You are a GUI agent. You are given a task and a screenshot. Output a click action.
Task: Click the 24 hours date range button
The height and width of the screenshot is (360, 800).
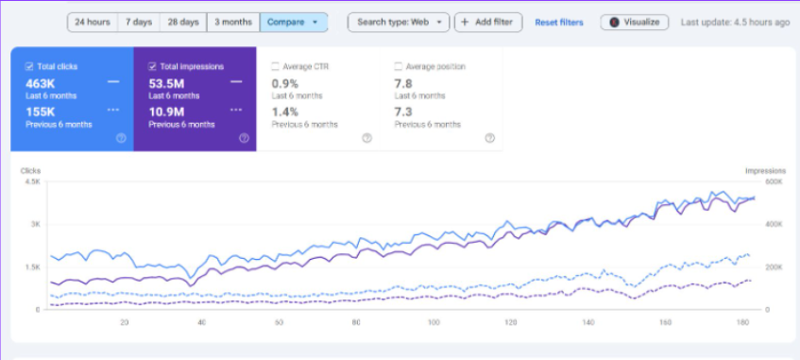coord(92,22)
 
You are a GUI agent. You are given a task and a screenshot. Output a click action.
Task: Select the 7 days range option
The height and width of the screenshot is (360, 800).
coord(139,22)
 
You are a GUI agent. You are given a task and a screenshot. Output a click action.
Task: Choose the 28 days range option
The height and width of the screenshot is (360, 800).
coord(183,22)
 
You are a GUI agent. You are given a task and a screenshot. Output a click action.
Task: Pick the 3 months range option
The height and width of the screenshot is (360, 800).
coord(232,22)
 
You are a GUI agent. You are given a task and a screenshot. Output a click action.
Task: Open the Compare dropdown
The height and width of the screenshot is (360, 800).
coord(294,22)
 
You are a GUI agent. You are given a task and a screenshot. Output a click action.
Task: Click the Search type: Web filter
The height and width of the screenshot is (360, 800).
coord(399,22)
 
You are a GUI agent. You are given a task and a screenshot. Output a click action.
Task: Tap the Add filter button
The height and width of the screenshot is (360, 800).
coord(488,22)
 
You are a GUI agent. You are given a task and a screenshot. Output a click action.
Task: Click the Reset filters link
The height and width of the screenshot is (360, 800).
coord(559,22)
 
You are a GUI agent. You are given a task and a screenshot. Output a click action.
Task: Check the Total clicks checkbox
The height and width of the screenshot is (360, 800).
coord(29,67)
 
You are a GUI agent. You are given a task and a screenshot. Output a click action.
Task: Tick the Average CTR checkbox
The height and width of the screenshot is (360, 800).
coord(275,67)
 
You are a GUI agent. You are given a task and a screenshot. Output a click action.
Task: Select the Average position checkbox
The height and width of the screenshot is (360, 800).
coord(398,67)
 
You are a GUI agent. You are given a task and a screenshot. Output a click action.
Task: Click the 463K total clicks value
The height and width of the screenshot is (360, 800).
coord(42,83)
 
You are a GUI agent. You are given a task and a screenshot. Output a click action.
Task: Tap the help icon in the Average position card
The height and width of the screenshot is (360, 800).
coord(489,138)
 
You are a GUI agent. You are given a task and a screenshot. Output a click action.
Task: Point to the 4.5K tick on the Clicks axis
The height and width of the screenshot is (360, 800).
coord(32,181)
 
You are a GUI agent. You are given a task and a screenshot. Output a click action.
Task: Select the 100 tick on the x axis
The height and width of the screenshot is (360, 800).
coord(434,322)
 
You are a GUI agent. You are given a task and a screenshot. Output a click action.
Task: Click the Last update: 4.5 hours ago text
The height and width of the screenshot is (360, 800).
coord(735,22)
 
